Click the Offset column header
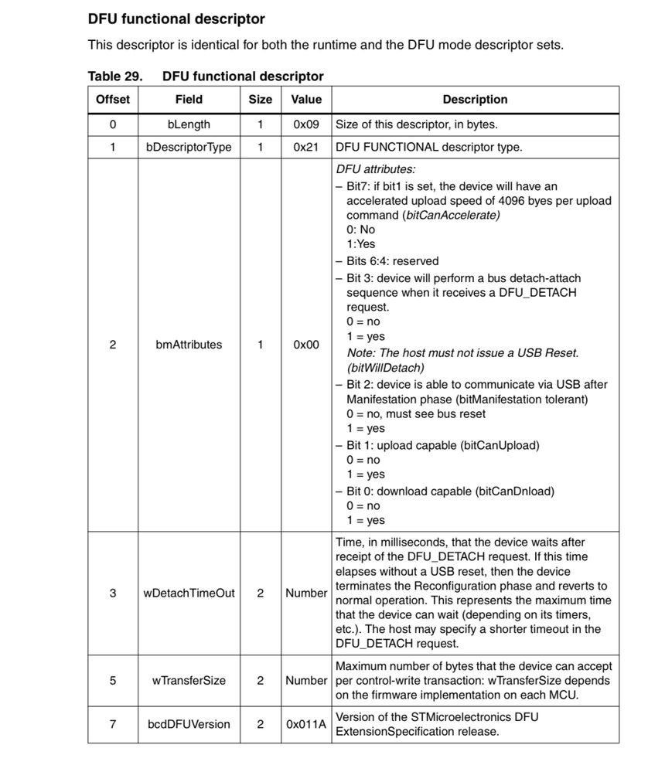point(113,100)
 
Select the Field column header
point(189,100)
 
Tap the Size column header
point(261,100)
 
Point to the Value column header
point(306,100)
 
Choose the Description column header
point(475,100)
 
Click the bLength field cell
point(189,124)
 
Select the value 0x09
point(306,124)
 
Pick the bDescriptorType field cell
point(189,147)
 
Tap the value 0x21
point(306,147)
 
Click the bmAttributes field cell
point(189,345)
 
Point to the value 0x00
point(306,345)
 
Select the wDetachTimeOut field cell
point(189,593)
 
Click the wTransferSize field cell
point(189,681)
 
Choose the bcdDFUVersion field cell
point(189,724)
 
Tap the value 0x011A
point(306,724)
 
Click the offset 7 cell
point(113,724)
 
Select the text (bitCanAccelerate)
point(451,215)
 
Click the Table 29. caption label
point(114,77)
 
